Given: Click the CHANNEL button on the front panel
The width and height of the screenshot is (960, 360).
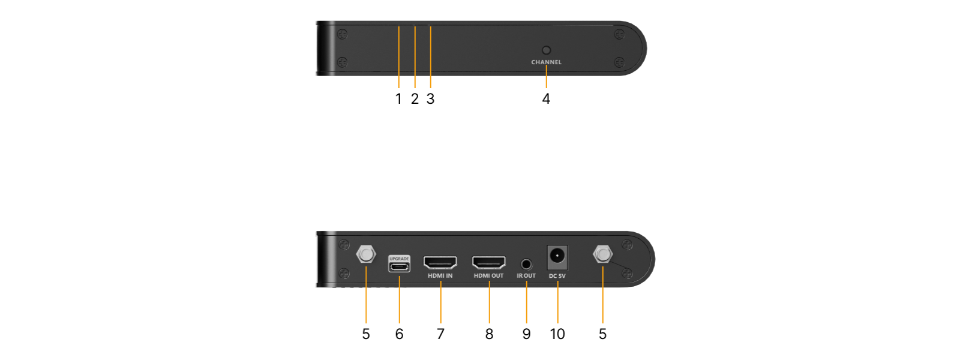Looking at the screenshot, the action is point(546,50).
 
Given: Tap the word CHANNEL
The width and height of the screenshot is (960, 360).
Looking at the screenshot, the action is point(546,62).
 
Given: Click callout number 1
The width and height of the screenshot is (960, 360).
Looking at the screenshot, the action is point(398,99).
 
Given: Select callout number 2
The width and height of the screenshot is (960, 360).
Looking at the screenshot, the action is point(415,99).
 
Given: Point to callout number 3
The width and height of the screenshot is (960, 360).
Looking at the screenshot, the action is point(430,99).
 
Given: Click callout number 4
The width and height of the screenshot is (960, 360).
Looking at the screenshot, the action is point(546,99).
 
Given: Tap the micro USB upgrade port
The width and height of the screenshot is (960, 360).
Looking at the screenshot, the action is point(399,267).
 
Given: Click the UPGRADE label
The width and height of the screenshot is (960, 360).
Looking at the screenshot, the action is point(399,259).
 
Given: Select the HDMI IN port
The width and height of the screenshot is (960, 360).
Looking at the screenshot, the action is point(440,262).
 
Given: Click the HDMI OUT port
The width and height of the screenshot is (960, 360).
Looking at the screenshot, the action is point(488,262).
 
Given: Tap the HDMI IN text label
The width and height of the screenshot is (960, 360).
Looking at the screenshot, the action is point(440,275).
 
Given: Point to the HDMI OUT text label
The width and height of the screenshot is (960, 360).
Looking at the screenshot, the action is point(488,275).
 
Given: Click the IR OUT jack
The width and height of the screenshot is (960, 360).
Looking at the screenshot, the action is point(526,264).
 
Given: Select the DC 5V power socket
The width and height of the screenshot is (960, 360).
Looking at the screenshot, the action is point(557,257).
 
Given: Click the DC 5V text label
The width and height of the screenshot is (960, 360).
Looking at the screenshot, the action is point(557,276).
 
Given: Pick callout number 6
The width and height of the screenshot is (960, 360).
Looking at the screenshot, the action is point(399,334).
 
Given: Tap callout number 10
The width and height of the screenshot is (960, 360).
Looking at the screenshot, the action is point(557,334).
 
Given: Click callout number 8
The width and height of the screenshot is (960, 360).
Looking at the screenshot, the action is point(489,334).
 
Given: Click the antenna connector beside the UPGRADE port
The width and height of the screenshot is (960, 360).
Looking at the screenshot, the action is point(366,254).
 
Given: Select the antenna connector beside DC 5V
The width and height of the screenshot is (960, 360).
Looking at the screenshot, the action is point(603,254).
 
